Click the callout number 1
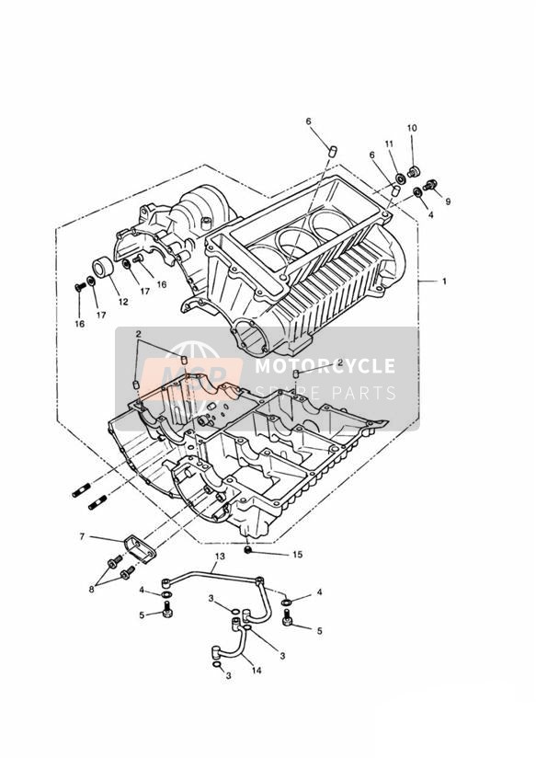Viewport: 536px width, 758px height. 444,281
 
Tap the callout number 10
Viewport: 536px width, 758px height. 412,128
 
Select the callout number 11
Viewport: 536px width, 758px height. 389,144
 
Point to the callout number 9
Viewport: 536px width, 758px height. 448,201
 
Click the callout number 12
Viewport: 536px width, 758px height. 123,302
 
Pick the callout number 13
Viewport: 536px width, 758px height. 220,557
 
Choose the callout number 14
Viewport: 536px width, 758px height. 257,671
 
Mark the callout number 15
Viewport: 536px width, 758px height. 298,555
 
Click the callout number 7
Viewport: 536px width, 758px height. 82,536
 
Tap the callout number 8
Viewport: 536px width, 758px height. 91,590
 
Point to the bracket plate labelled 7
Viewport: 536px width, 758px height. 140,548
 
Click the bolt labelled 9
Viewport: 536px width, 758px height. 430,184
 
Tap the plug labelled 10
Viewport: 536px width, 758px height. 413,172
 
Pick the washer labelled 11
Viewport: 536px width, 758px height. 401,179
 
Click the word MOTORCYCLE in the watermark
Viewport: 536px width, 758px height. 325,366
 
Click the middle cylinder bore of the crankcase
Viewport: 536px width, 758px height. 293,240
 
